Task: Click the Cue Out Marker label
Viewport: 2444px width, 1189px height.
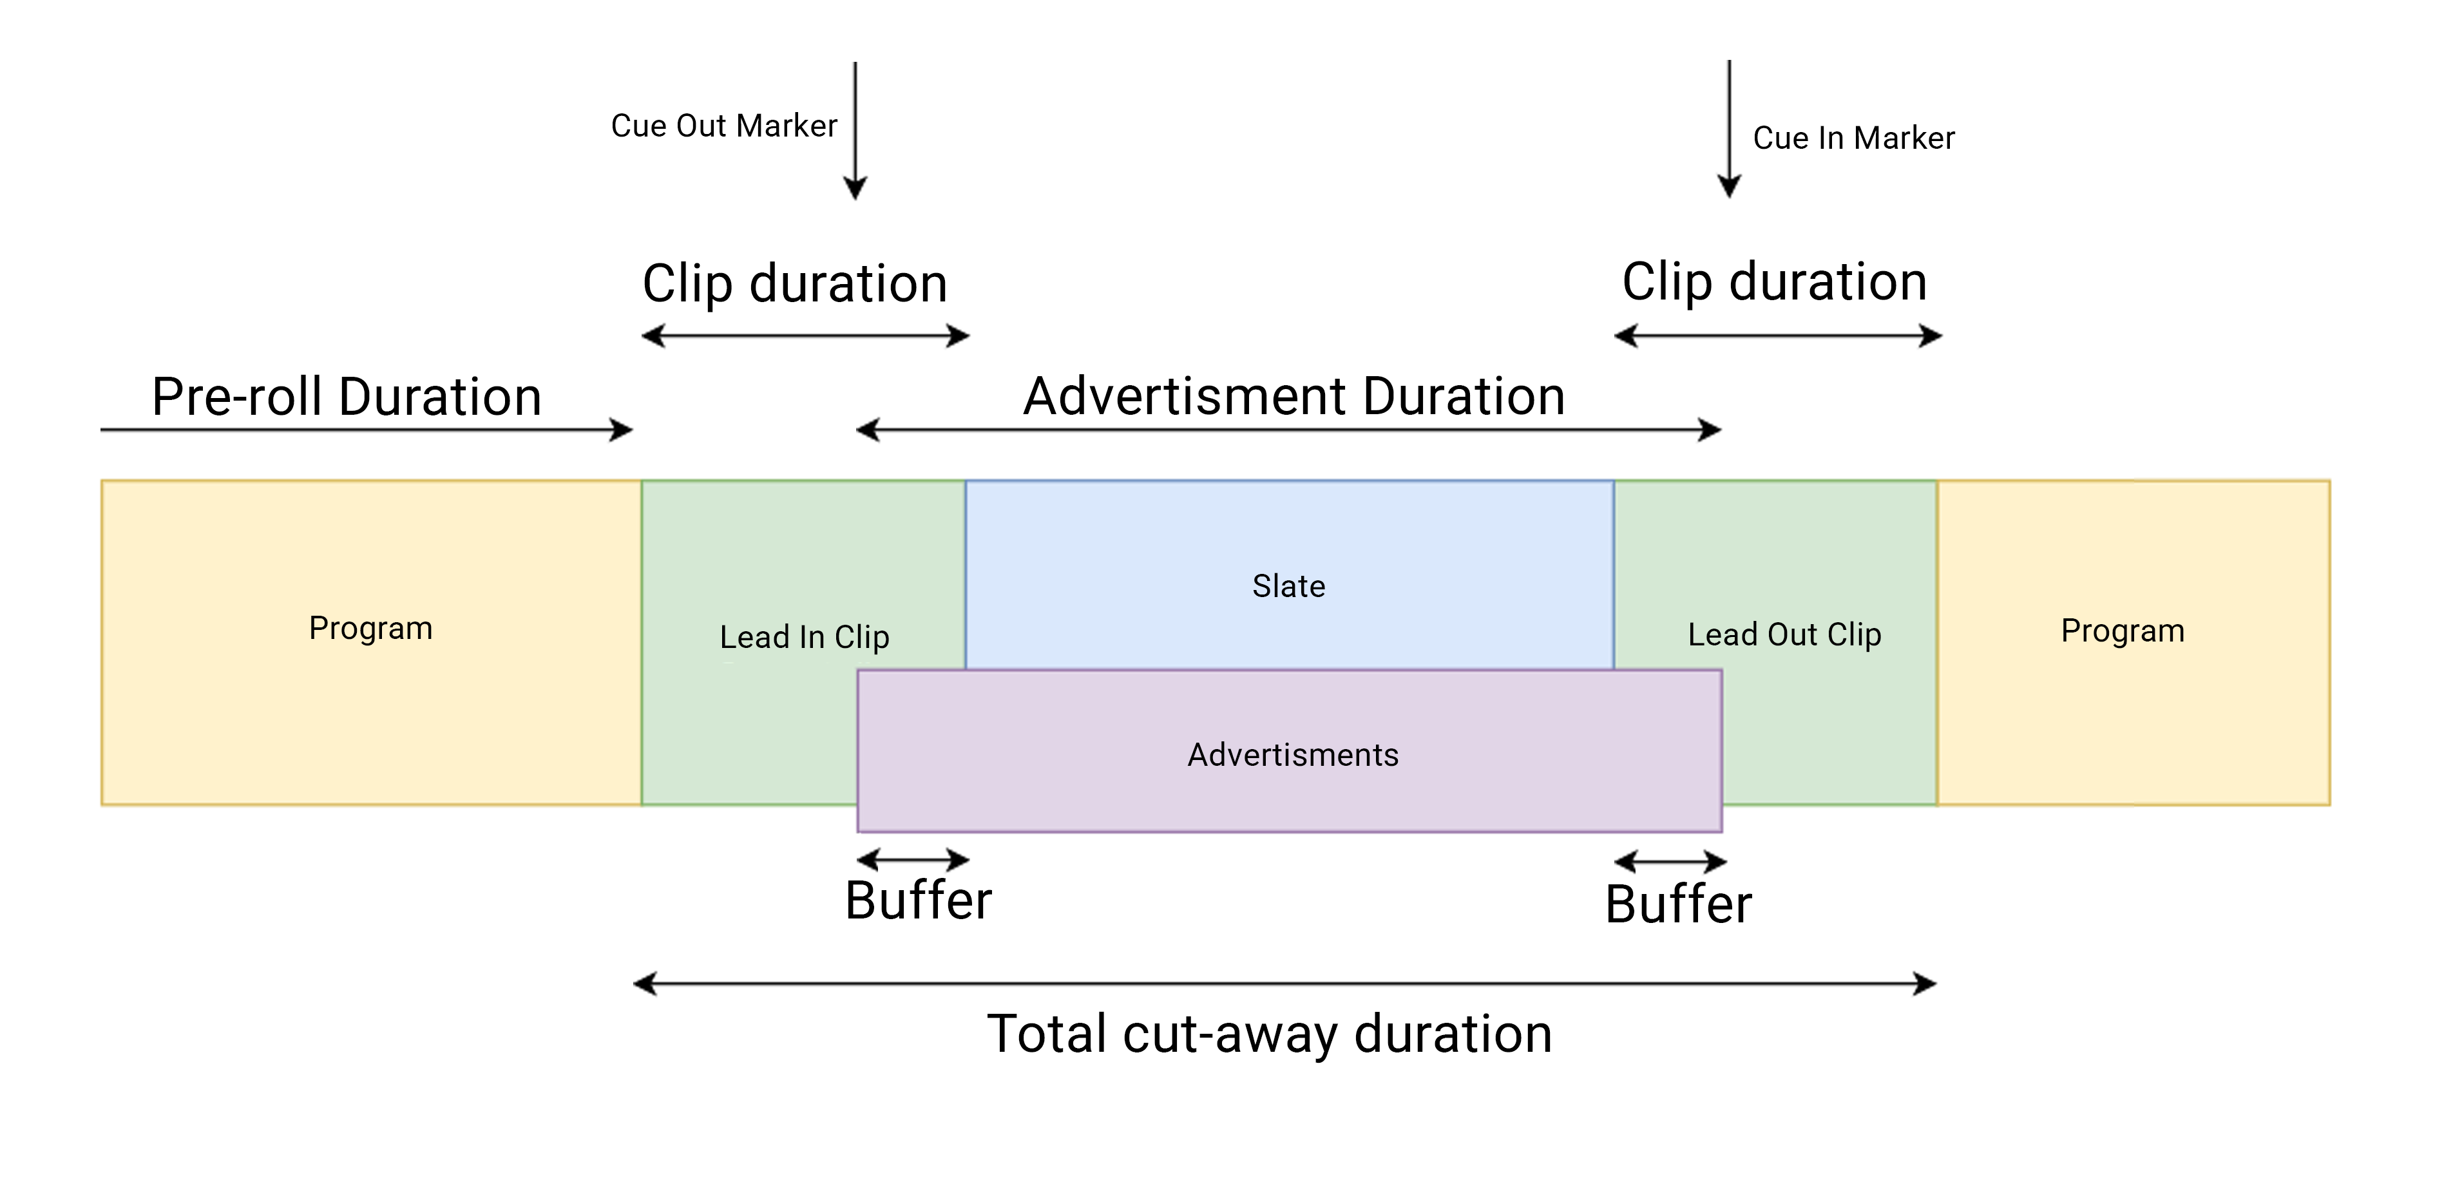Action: (x=724, y=126)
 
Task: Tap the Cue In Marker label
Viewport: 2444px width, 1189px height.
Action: (x=1853, y=138)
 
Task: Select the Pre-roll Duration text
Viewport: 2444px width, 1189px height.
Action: (x=347, y=397)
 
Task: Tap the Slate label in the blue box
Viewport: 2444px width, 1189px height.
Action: (x=1288, y=586)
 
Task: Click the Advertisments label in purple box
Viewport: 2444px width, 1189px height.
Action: (x=1292, y=756)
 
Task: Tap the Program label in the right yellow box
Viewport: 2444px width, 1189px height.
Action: (x=2123, y=631)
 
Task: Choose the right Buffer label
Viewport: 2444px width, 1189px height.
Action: (x=1677, y=904)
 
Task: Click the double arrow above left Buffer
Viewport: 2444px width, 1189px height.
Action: (x=913, y=860)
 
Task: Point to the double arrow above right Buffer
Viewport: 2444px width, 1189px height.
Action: (x=1670, y=862)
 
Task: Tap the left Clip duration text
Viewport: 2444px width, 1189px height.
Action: (x=795, y=284)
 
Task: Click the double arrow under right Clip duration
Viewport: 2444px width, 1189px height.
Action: (x=1778, y=336)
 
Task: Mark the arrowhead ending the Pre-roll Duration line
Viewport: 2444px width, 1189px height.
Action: (x=622, y=430)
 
